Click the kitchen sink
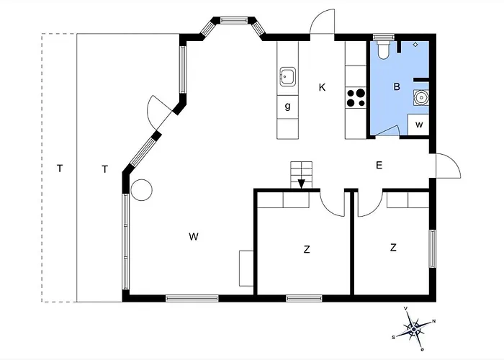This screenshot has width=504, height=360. point(288,76)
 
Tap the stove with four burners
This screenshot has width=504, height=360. point(356,98)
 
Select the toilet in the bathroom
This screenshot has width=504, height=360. point(383,50)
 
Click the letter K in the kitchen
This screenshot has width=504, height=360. point(322,87)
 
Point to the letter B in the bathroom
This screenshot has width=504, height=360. point(397,86)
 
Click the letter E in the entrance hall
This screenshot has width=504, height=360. point(379,165)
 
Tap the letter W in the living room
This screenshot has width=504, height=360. point(194,237)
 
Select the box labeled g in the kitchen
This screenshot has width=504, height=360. point(288,107)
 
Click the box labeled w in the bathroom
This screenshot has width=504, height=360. point(418,125)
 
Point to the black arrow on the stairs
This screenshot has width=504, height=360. point(302,184)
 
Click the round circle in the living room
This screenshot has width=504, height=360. point(141,190)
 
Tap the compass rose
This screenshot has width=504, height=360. point(414,328)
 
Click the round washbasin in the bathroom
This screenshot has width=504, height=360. point(420,97)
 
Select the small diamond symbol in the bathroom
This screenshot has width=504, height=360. point(415,45)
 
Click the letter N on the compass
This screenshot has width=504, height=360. point(434,321)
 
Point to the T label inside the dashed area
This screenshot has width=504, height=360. point(60,168)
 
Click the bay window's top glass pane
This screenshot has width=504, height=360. point(234,20)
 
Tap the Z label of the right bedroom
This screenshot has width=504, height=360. point(393,248)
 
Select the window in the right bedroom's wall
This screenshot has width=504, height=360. point(433,249)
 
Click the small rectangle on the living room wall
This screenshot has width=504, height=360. point(246,269)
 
